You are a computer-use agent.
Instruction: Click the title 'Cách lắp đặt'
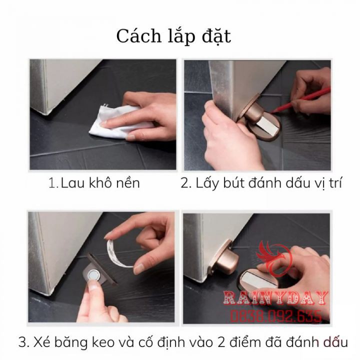tap(173, 36)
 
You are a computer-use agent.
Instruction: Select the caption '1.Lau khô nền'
tap(94, 183)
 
